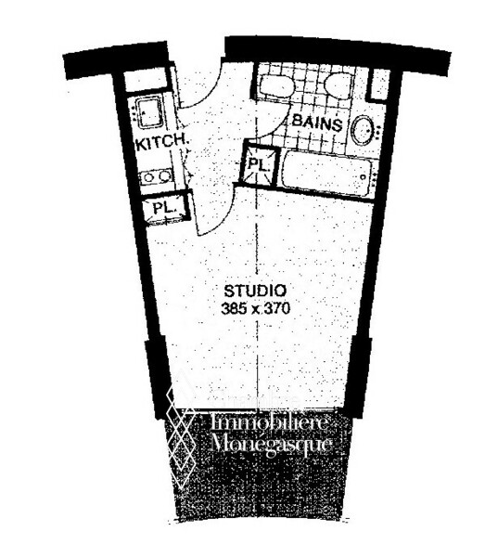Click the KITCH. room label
[162, 143]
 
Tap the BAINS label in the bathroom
[317, 123]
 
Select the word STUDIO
[255, 291]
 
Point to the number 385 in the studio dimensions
[233, 308]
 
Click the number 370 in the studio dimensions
[278, 308]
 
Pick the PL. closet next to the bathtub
[259, 165]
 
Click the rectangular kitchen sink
[149, 112]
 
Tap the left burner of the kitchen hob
[148, 176]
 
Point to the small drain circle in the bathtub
[363, 176]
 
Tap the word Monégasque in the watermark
[271, 443]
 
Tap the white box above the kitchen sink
[147, 81]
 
